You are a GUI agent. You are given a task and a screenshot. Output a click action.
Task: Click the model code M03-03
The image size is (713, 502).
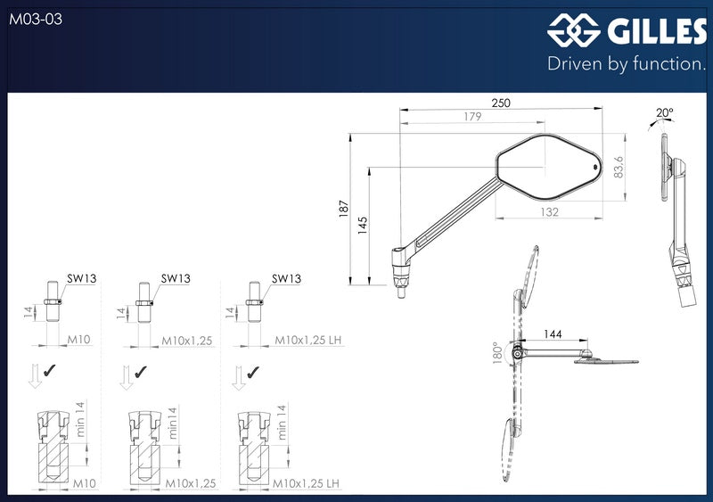click(36, 19)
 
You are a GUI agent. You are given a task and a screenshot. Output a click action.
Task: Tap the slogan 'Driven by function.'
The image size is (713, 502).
click(627, 63)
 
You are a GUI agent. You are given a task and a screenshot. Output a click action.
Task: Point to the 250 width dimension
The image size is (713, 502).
click(501, 103)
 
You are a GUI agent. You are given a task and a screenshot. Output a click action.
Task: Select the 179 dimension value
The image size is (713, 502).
click(472, 117)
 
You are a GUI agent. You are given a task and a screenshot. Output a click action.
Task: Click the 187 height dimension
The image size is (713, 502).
click(344, 209)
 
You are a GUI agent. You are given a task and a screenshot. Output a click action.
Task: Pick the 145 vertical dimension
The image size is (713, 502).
click(363, 226)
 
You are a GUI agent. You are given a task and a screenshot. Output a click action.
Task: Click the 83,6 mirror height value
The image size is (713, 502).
click(619, 167)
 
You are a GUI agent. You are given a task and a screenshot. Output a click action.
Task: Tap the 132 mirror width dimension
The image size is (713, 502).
click(549, 211)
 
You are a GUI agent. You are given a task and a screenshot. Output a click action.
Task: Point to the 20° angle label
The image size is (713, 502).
click(664, 112)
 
